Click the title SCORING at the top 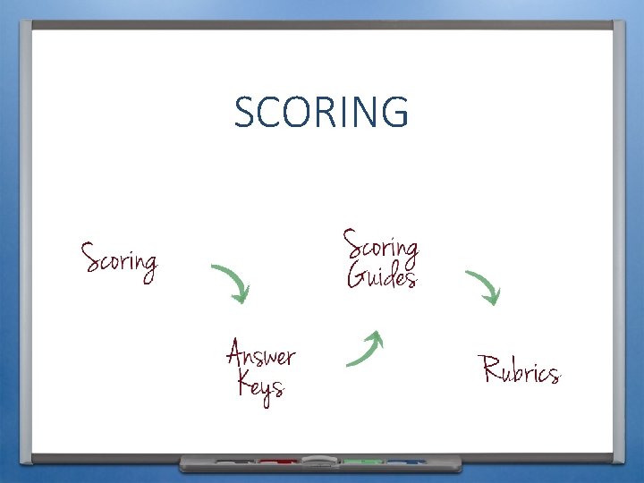321,112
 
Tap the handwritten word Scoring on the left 119,260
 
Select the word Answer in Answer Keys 260,354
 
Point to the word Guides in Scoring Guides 381,275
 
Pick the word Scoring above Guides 381,243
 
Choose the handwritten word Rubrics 521,370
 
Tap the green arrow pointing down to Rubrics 483,286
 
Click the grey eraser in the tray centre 318,462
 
